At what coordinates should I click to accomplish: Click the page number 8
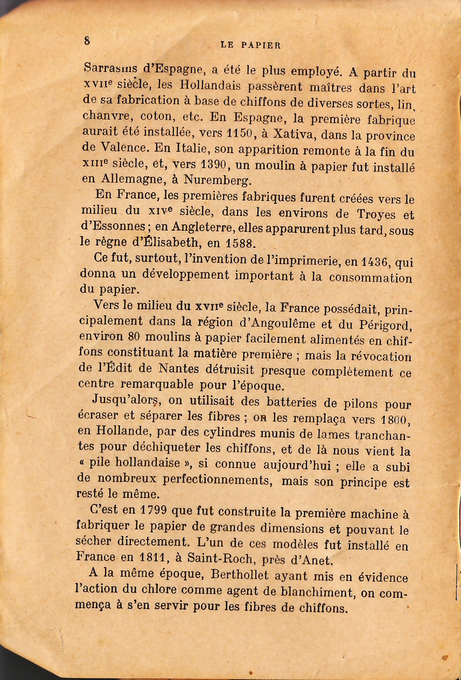point(87,40)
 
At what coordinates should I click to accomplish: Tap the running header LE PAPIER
point(251,45)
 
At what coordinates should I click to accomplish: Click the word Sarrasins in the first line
point(111,69)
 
